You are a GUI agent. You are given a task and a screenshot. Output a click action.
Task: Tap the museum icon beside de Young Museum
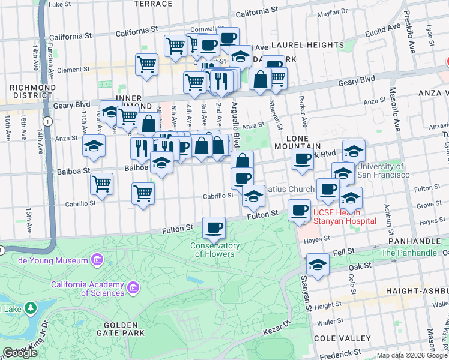click(97, 260)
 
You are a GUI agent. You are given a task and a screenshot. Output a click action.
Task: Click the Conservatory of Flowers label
click(215, 250)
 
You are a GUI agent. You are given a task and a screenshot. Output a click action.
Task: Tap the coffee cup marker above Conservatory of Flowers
click(214, 228)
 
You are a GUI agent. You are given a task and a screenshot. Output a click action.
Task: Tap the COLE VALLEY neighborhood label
click(340, 338)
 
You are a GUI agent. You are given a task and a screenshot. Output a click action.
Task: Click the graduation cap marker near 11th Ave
click(94, 147)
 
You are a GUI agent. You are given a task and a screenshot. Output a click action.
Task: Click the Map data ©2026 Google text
click(411, 355)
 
